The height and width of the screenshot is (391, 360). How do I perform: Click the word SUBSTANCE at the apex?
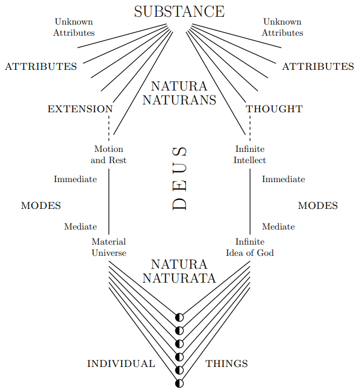(179, 12)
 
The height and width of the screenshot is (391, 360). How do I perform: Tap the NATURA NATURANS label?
(179, 93)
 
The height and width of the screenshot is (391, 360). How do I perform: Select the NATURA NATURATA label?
(179, 271)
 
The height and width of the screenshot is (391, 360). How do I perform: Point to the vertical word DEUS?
(179, 179)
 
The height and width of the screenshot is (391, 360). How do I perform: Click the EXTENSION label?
(80, 109)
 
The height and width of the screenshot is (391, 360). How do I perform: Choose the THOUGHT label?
(274, 109)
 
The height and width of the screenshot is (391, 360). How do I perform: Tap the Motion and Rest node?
(109, 155)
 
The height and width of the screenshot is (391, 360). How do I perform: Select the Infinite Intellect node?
(249, 155)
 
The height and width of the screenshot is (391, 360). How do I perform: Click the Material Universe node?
(109, 247)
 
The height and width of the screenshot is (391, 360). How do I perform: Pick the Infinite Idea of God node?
(249, 247)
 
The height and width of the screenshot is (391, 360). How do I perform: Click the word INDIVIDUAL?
(121, 364)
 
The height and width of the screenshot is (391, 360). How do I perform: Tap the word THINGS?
(227, 364)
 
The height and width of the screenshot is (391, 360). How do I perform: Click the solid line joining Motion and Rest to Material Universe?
(109, 201)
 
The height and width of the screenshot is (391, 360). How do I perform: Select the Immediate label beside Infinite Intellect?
(284, 179)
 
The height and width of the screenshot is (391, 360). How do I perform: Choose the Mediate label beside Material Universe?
(80, 227)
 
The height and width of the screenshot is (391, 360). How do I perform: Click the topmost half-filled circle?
(179, 317)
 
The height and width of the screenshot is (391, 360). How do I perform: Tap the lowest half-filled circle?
(179, 383)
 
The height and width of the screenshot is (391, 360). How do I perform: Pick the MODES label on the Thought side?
(318, 206)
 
